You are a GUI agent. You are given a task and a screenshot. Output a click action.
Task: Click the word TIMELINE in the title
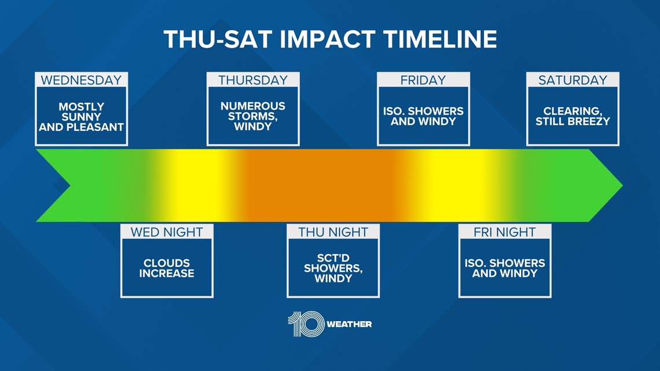pyautogui.click(x=440, y=39)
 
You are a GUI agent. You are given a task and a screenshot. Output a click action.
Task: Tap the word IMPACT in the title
pyautogui.click(x=327, y=39)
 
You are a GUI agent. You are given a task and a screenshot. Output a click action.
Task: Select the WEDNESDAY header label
pyautogui.click(x=81, y=80)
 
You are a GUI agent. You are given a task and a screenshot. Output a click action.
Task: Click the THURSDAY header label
pyautogui.click(x=253, y=80)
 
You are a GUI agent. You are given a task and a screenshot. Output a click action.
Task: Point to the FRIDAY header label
pyautogui.click(x=423, y=80)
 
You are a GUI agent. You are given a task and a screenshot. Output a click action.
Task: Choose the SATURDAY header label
pyautogui.click(x=573, y=80)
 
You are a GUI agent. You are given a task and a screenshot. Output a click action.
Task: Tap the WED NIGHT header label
pyautogui.click(x=167, y=232)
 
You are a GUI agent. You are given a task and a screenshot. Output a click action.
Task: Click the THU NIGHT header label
pyautogui.click(x=333, y=232)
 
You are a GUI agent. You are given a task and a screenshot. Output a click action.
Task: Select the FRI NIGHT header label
pyautogui.click(x=505, y=232)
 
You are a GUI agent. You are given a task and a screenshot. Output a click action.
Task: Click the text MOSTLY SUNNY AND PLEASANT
pyautogui.click(x=81, y=117)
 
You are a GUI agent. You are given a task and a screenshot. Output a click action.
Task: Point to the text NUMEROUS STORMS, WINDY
pyautogui.click(x=253, y=116)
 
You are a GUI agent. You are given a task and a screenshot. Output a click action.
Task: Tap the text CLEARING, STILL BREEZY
pyautogui.click(x=573, y=116)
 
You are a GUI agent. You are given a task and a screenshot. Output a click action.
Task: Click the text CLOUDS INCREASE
pyautogui.click(x=167, y=268)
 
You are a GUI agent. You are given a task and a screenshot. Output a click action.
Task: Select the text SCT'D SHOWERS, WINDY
pyautogui.click(x=333, y=268)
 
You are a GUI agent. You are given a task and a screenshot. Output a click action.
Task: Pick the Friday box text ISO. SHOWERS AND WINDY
pyautogui.click(x=423, y=116)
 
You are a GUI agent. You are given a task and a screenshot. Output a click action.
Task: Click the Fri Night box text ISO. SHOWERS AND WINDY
pyautogui.click(x=505, y=268)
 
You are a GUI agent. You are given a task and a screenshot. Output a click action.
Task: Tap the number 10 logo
pyautogui.click(x=306, y=324)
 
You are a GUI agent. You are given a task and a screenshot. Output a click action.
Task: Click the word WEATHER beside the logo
pyautogui.click(x=349, y=324)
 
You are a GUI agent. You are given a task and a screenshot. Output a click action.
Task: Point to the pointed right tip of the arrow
pyautogui.click(x=622, y=185)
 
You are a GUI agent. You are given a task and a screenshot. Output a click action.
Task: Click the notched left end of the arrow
pyautogui.click(x=70, y=185)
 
